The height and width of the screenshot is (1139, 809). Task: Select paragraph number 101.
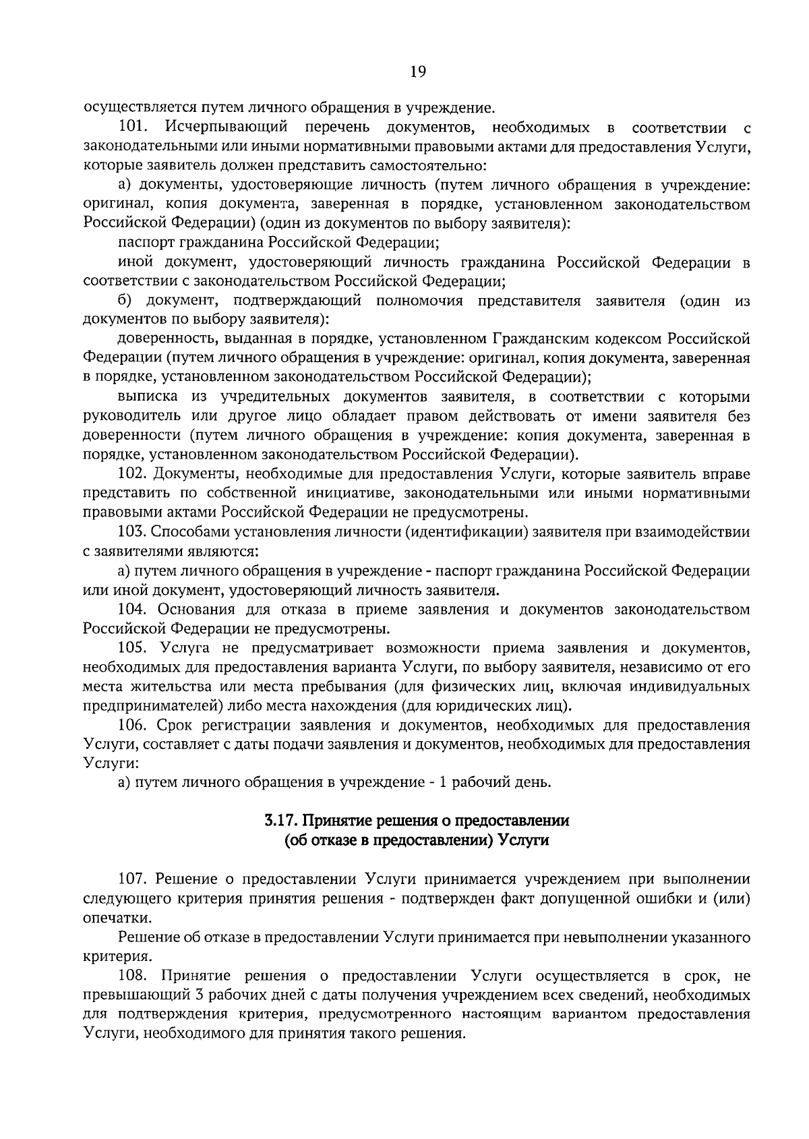133,126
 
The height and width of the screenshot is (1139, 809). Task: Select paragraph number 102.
133,475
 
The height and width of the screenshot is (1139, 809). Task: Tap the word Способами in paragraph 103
193,533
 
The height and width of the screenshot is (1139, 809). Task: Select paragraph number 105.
133,649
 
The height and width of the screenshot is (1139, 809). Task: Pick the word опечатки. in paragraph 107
108,918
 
